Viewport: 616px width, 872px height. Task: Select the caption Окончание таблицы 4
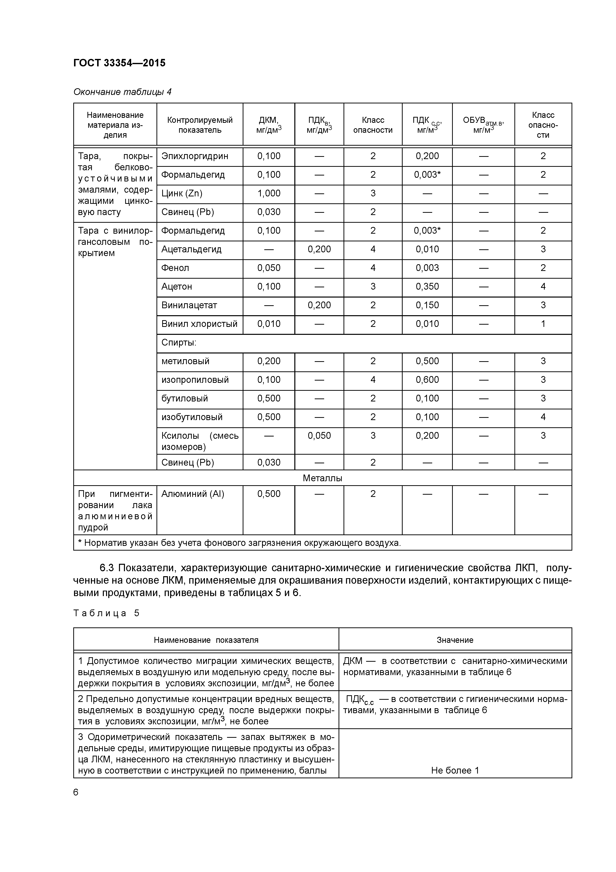[x=122, y=92]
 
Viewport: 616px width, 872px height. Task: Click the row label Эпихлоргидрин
[x=195, y=156]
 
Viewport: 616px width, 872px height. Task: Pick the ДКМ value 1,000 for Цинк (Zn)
[x=269, y=193]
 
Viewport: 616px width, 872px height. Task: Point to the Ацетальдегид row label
[x=191, y=250]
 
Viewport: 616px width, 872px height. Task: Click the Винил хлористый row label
[x=199, y=324]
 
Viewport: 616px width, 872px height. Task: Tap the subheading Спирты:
[x=179, y=343]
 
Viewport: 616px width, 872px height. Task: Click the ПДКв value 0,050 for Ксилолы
[x=319, y=436]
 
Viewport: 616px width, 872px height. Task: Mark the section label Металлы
[x=322, y=478]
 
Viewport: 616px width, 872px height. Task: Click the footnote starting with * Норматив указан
[x=239, y=543]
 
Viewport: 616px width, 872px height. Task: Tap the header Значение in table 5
[x=455, y=640]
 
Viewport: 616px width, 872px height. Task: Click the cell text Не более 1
[x=455, y=770]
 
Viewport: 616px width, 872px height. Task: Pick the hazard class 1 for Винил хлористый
[x=543, y=324]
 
